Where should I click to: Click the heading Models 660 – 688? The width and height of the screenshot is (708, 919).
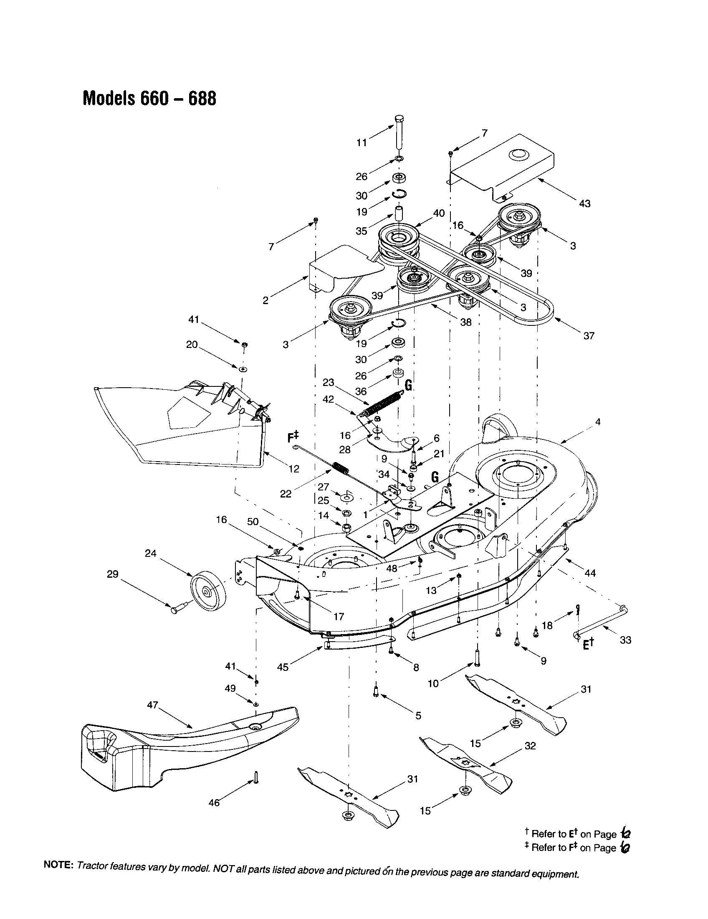[150, 99]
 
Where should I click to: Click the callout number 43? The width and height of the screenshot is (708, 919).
[584, 204]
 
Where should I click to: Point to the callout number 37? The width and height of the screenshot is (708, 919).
[589, 335]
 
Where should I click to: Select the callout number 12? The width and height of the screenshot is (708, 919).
[294, 468]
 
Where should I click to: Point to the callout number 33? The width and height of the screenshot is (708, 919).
[625, 640]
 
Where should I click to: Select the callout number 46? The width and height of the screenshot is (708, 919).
[214, 803]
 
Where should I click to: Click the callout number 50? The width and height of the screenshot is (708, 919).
[253, 522]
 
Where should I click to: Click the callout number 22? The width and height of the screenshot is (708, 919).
[286, 494]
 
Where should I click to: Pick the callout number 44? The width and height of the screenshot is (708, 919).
[590, 573]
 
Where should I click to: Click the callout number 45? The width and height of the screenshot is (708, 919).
[283, 668]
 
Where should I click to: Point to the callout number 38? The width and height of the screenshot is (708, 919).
[465, 322]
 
